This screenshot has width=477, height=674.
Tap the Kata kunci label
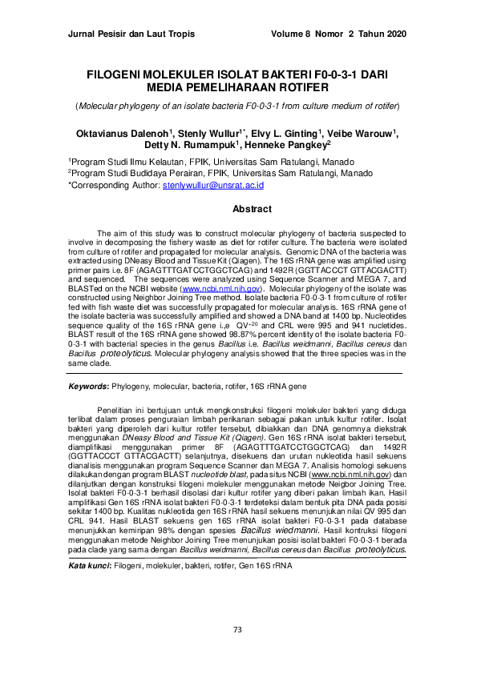tap(89, 565)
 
